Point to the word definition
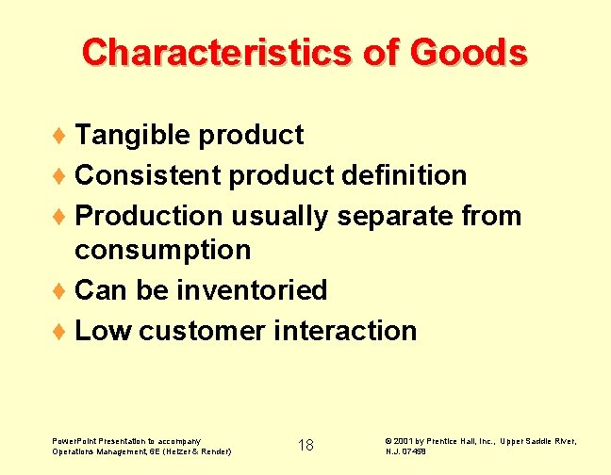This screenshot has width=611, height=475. tap(405, 175)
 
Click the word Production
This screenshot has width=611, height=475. tap(148, 216)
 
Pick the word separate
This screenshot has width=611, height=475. tap(397, 216)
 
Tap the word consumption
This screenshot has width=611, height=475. tap(163, 250)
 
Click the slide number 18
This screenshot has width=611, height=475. tap(305, 445)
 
